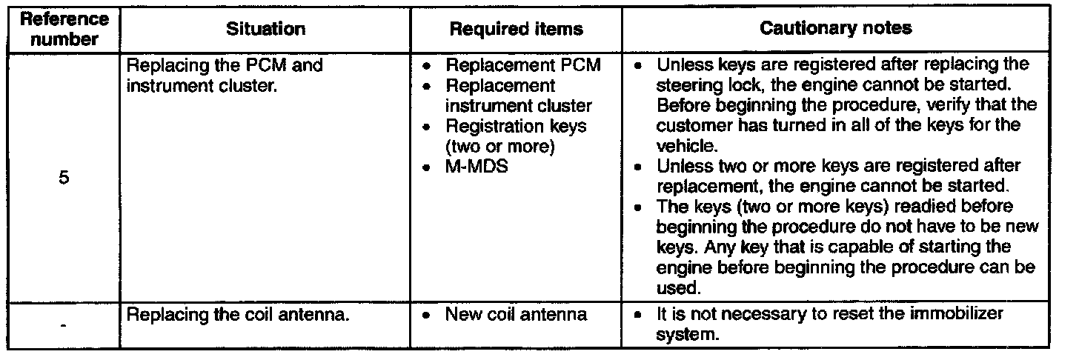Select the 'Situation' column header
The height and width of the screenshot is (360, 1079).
point(266,29)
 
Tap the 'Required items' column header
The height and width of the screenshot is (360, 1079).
point(517,30)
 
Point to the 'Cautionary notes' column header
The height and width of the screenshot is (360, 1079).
point(836,29)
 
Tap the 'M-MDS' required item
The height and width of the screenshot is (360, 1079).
point(477,167)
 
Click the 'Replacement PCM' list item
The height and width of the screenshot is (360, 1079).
point(522,65)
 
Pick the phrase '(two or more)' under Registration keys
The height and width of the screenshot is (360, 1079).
point(500,147)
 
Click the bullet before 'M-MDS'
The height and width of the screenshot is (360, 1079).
point(426,169)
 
